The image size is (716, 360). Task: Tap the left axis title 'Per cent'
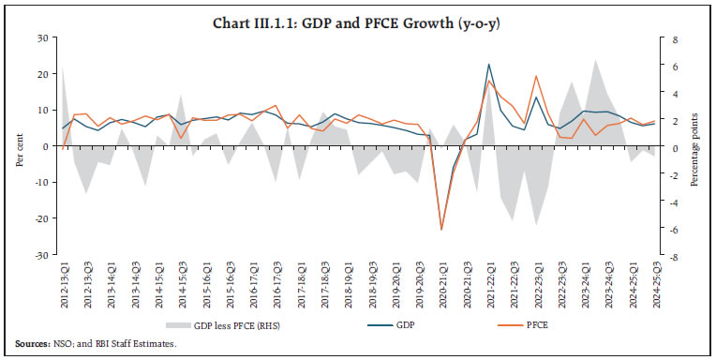[20, 146]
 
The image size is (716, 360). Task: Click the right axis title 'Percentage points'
[694, 146]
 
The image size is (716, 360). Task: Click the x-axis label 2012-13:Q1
[64, 283]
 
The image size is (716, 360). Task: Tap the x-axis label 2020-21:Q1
[441, 283]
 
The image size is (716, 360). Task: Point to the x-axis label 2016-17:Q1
[252, 283]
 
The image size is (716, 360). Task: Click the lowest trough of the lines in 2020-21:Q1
[441, 229]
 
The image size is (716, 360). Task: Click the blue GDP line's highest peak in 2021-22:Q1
[488, 65]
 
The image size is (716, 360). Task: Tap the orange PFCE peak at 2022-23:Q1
[536, 76]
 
